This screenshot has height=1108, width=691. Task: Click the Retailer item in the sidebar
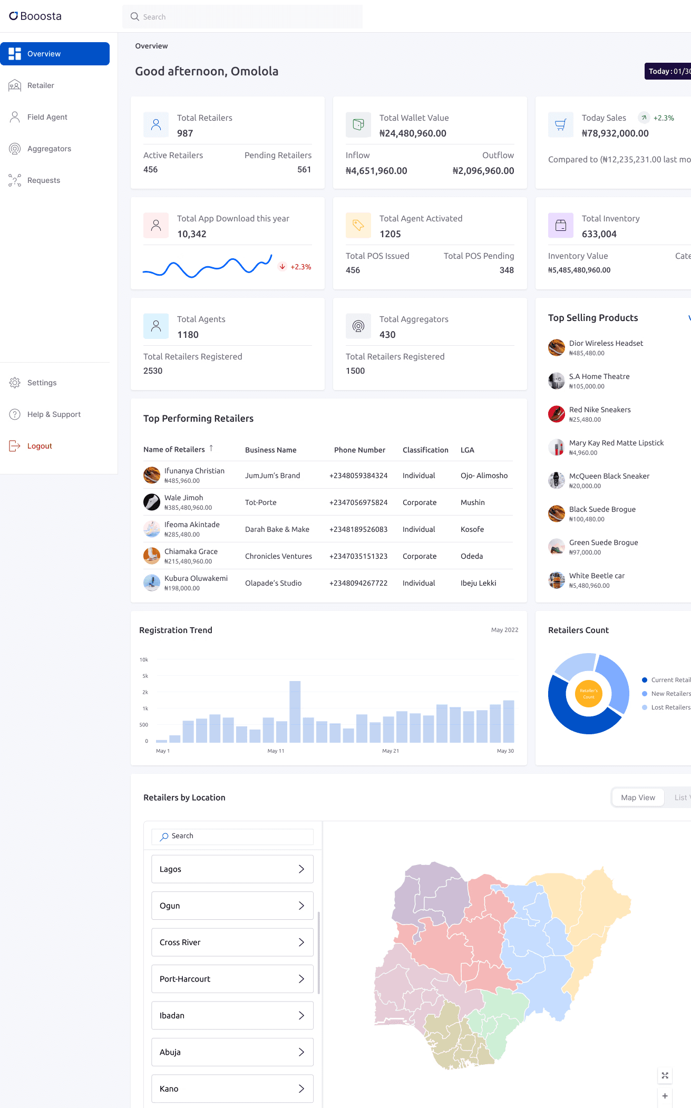click(41, 85)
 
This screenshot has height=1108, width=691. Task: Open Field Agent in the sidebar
click(47, 117)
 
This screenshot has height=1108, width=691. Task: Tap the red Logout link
click(40, 446)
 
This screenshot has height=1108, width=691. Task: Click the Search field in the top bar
click(242, 17)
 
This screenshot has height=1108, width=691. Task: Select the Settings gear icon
click(15, 383)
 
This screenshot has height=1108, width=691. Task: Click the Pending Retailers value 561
click(304, 169)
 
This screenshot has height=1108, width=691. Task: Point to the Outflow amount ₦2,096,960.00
click(483, 171)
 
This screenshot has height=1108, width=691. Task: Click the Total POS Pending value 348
click(507, 270)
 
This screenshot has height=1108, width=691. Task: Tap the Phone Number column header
click(359, 450)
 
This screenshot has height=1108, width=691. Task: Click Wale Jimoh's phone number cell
click(358, 502)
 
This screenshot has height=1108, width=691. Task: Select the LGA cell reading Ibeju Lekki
click(478, 583)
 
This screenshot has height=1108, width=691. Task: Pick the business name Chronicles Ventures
click(278, 556)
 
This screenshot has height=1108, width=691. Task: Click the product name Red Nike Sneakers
click(600, 410)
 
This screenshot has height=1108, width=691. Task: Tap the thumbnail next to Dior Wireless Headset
click(557, 348)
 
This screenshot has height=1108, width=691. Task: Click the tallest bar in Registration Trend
click(295, 712)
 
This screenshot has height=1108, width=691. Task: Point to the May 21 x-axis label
click(391, 751)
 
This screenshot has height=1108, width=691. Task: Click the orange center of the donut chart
click(589, 694)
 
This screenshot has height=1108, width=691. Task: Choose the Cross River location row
click(232, 942)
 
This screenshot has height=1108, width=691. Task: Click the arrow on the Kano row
click(301, 1088)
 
